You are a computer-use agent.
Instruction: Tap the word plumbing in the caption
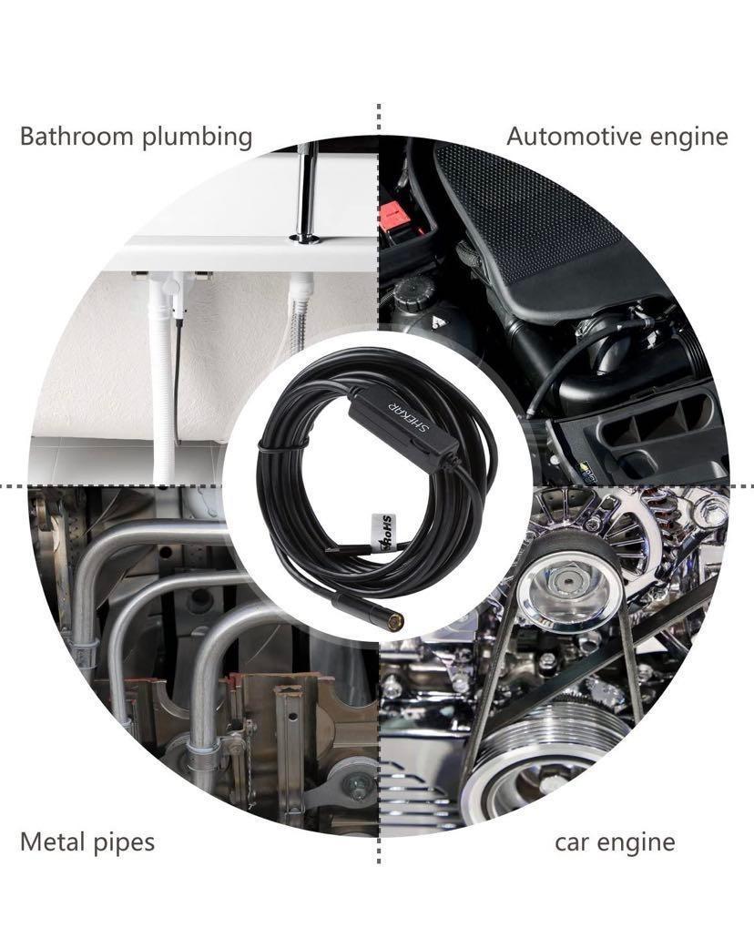pyautogui.click(x=197, y=138)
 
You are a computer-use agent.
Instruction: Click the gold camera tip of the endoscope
pyautogui.click(x=395, y=622)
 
